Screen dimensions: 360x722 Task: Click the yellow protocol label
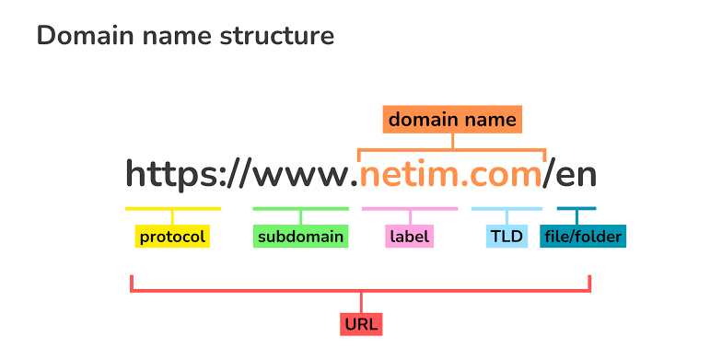(x=172, y=238)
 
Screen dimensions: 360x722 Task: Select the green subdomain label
(x=300, y=238)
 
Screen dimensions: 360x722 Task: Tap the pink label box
(x=409, y=238)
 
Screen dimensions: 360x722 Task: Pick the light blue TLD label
(x=507, y=238)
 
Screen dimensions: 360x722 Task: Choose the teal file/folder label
(x=582, y=238)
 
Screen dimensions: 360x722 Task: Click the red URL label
(x=360, y=324)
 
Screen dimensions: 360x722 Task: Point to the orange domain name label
(x=452, y=120)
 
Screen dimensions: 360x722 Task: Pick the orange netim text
(x=411, y=174)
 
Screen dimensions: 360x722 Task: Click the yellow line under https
(x=172, y=209)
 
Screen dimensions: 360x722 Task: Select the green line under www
(x=300, y=209)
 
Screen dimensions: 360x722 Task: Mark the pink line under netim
(x=409, y=209)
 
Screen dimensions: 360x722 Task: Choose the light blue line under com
(x=507, y=209)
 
